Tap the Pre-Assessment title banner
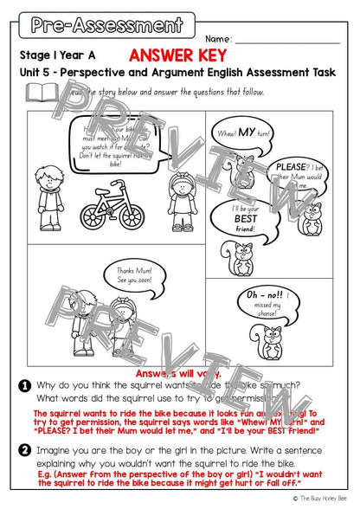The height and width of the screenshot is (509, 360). tap(106, 24)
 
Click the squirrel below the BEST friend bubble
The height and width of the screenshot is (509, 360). tap(241, 257)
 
